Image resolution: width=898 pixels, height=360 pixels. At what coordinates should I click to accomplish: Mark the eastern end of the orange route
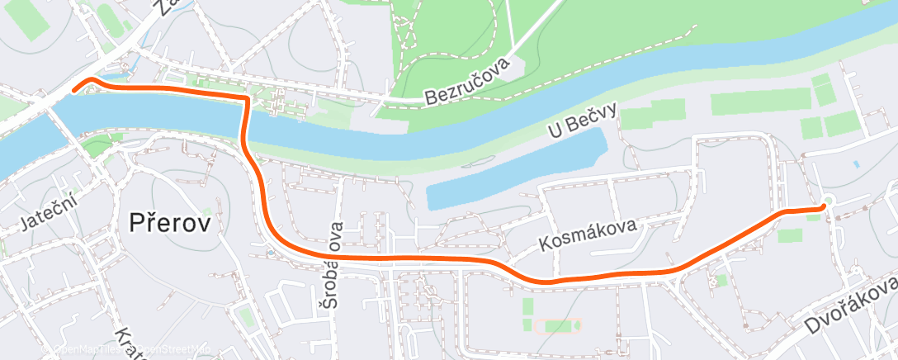pyautogui.click(x=823, y=207)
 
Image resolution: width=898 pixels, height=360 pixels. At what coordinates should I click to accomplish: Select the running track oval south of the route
pyautogui.click(x=559, y=326)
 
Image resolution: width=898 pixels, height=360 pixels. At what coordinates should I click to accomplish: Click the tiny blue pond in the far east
pyautogui.click(x=856, y=163)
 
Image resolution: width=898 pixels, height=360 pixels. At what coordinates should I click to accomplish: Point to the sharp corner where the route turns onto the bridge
pyautogui.click(x=246, y=98)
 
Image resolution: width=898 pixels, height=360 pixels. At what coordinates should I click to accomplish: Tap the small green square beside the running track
pyautogui.click(x=528, y=308)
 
